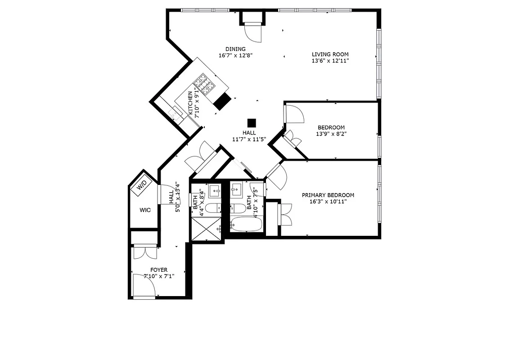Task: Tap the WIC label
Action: coord(144,210)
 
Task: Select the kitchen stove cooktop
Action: coord(203,85)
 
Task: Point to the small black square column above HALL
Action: coord(251,122)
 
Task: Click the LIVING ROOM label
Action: coord(330,54)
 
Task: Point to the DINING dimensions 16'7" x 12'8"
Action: coord(235,56)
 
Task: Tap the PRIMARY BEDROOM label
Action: coord(328,195)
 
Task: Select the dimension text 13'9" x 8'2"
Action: coord(331,134)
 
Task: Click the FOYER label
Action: coord(159,270)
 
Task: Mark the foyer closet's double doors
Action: coord(144,252)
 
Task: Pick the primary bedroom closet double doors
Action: coord(286,214)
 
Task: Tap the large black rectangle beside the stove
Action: coord(222,102)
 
